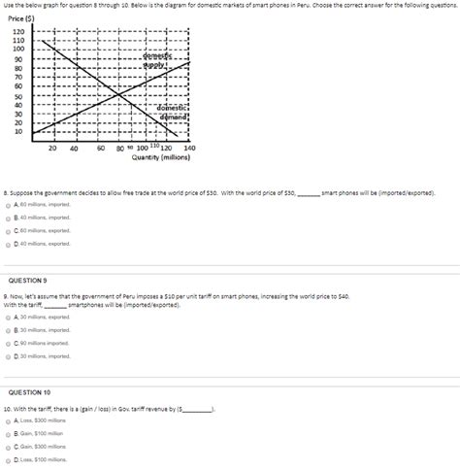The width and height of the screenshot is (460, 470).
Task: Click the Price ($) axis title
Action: tap(21, 18)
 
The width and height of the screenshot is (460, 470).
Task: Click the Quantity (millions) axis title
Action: tap(163, 156)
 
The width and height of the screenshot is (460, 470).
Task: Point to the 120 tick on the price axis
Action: tap(18, 31)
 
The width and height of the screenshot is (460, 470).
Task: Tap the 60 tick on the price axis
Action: tap(18, 86)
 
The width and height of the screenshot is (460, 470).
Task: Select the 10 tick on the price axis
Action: tap(18, 131)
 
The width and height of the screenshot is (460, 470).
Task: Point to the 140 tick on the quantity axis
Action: tap(189, 148)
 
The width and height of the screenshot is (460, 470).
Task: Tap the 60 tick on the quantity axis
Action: tap(101, 148)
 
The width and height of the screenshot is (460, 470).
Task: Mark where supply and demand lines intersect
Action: tap(118, 94)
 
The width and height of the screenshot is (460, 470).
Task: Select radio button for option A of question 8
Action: tap(8, 206)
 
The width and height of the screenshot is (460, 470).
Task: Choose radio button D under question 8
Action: tap(8, 244)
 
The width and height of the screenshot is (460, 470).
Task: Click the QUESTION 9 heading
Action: tap(29, 281)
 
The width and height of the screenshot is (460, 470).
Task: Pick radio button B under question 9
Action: tap(8, 330)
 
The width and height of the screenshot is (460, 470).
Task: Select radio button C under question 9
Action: tap(8, 343)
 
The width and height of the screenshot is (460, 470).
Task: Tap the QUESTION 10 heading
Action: tap(30, 392)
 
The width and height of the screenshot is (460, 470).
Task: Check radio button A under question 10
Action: tap(8, 420)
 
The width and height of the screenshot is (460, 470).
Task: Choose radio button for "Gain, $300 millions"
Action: tap(8, 446)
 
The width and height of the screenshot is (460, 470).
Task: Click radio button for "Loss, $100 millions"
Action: tap(8, 459)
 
